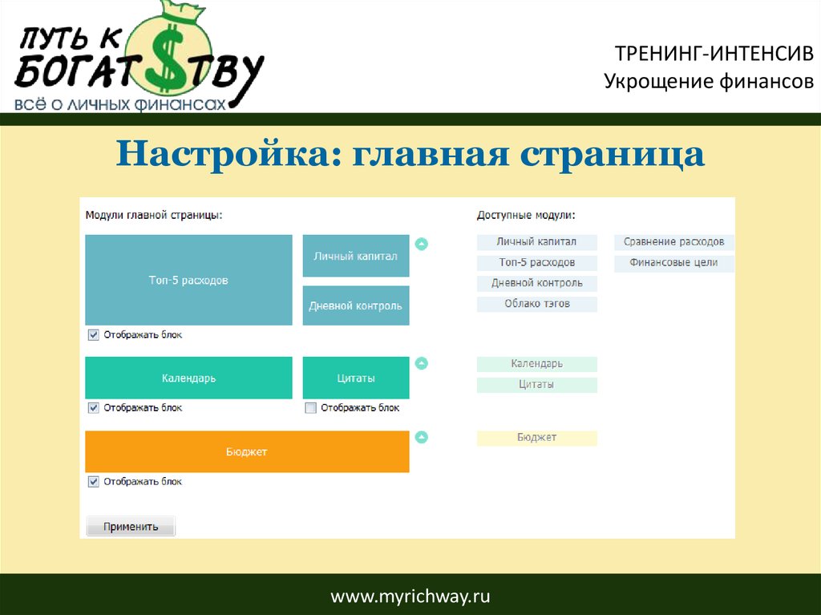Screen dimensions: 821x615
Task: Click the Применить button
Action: pyautogui.click(x=131, y=527)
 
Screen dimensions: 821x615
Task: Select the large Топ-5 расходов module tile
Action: pyautogui.click(x=188, y=280)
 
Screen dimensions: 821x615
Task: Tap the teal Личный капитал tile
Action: pyautogui.click(x=356, y=256)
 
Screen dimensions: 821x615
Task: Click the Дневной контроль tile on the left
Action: pyautogui.click(x=356, y=305)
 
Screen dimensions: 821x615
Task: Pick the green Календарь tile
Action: pyautogui.click(x=188, y=378)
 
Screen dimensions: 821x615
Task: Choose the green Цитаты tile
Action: pyautogui.click(x=356, y=378)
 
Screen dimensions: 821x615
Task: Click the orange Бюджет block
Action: pyautogui.click(x=247, y=451)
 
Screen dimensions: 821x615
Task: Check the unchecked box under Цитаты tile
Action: pyautogui.click(x=310, y=407)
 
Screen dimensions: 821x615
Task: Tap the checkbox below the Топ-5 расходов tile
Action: pyautogui.click(x=93, y=334)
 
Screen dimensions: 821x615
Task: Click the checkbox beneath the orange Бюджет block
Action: pyautogui.click(x=93, y=481)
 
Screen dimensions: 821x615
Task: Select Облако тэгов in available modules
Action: pyautogui.click(x=536, y=304)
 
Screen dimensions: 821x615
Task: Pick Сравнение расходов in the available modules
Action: pyautogui.click(x=673, y=242)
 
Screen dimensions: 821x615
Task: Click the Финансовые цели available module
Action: pyautogui.click(x=673, y=262)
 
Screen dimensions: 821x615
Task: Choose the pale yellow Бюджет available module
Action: pyautogui.click(x=536, y=438)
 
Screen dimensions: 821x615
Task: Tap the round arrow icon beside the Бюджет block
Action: pyautogui.click(x=422, y=437)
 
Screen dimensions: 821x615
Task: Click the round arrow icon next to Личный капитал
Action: pyautogui.click(x=422, y=244)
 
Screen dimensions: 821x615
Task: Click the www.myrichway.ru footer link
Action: pyautogui.click(x=410, y=596)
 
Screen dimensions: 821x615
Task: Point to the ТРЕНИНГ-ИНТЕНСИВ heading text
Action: pyautogui.click(x=714, y=54)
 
